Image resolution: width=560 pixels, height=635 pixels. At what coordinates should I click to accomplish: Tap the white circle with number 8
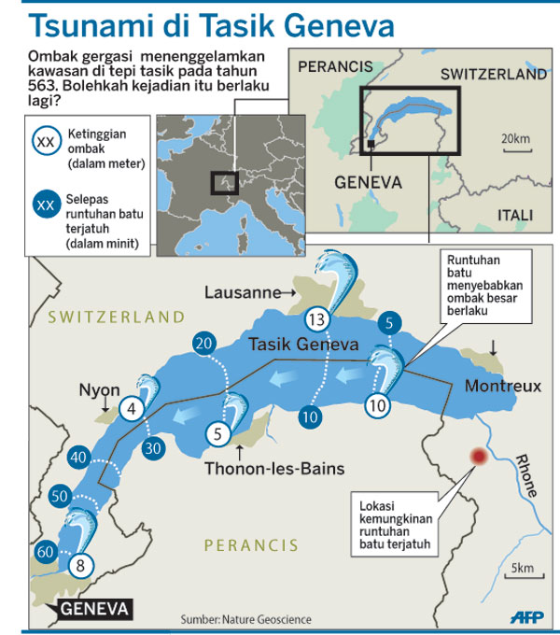click(x=81, y=563)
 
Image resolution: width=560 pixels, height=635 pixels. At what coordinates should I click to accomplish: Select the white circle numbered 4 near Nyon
click(x=133, y=408)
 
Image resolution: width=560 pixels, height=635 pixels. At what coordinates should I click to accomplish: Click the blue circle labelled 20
click(x=203, y=344)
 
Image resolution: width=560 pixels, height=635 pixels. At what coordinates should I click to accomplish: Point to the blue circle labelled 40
click(x=78, y=458)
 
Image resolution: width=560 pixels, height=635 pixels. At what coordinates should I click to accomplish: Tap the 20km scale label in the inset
click(x=515, y=139)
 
